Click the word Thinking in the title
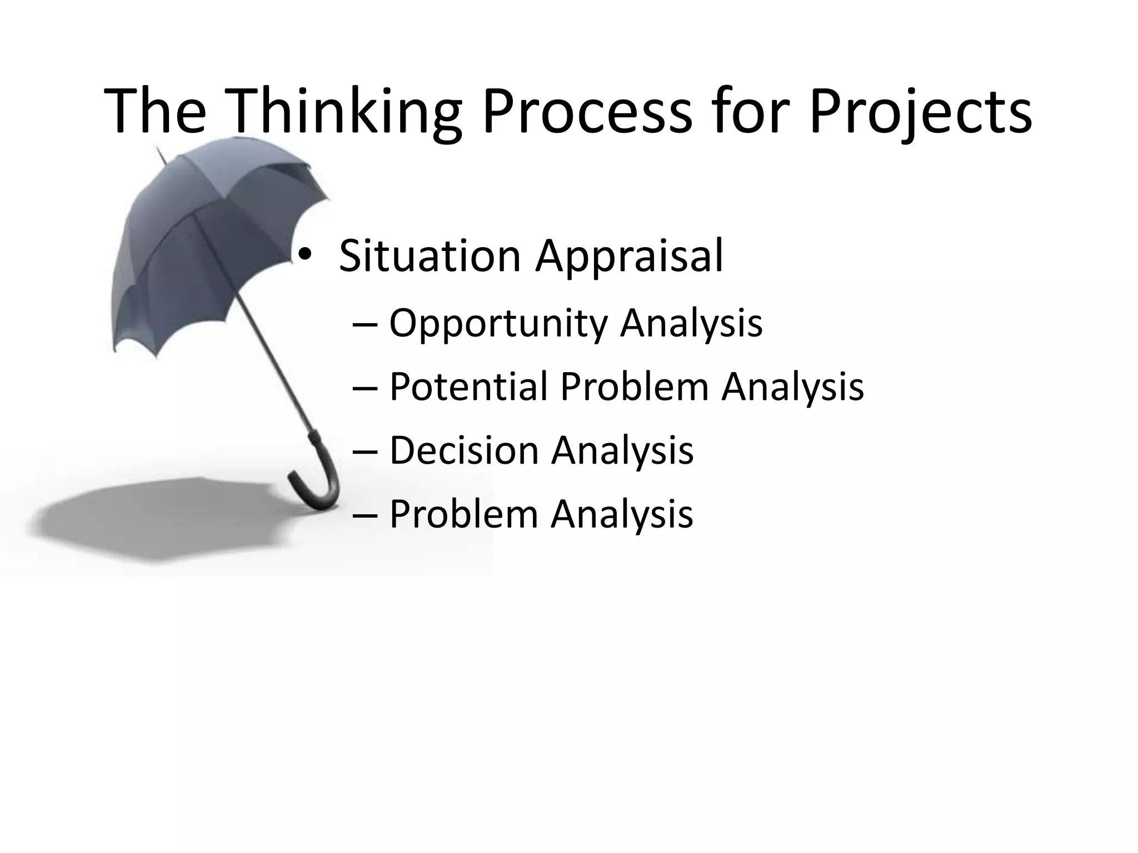point(345,111)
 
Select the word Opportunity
point(498,323)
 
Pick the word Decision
point(463,450)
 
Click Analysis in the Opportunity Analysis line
point(691,323)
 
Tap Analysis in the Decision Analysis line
point(622,450)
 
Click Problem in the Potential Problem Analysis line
point(634,387)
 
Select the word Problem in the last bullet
point(463,514)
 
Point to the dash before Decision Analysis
point(365,451)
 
